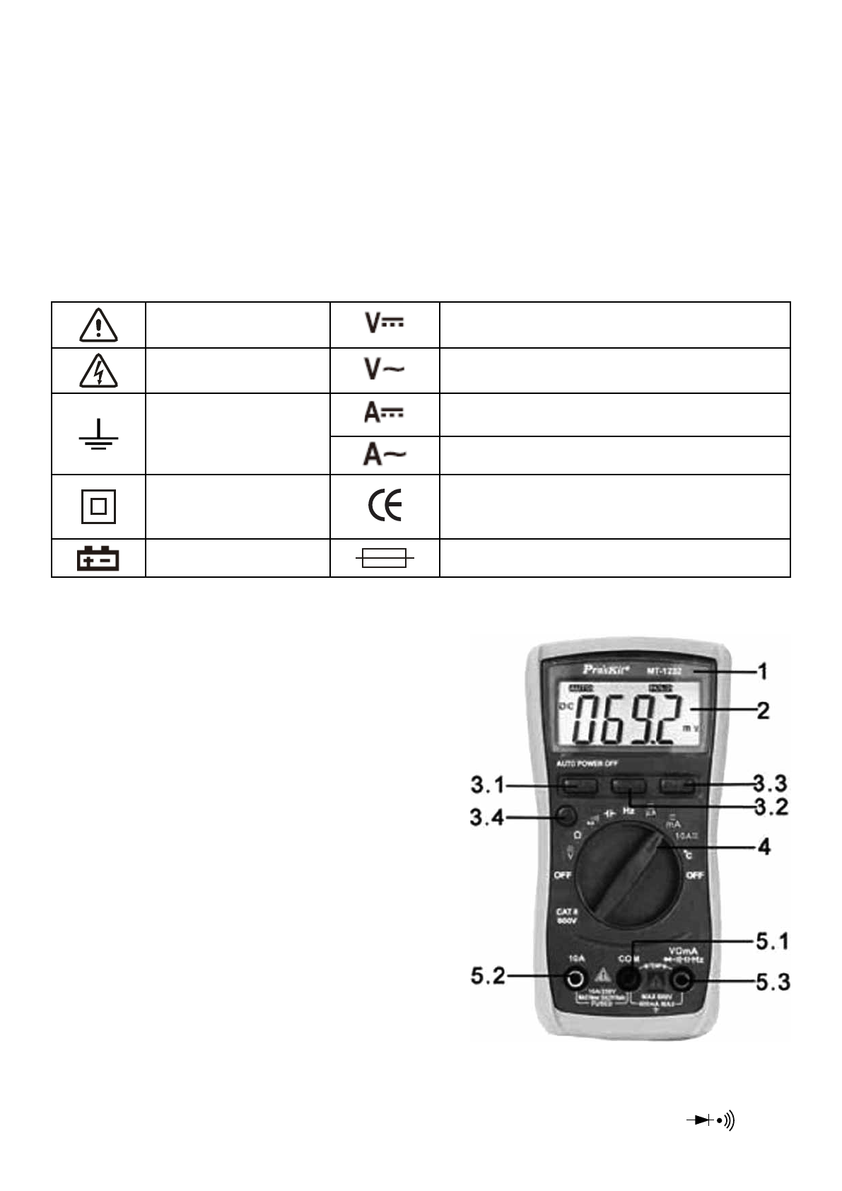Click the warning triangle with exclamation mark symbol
tap(99, 325)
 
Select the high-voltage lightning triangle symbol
tap(99, 371)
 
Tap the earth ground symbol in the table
tap(99, 434)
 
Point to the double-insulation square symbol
tap(99, 506)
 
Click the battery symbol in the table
tap(98, 559)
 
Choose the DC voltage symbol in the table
tap(385, 323)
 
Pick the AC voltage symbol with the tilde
tap(385, 368)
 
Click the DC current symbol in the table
tap(384, 413)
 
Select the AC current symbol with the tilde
tap(385, 455)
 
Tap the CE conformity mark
tap(385, 506)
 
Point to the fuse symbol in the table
tap(384, 559)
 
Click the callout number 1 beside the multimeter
tap(763, 670)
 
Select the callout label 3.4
tap(487, 818)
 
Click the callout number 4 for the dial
tap(764, 847)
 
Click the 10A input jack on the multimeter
tap(576, 979)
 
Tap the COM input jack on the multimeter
tap(628, 979)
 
